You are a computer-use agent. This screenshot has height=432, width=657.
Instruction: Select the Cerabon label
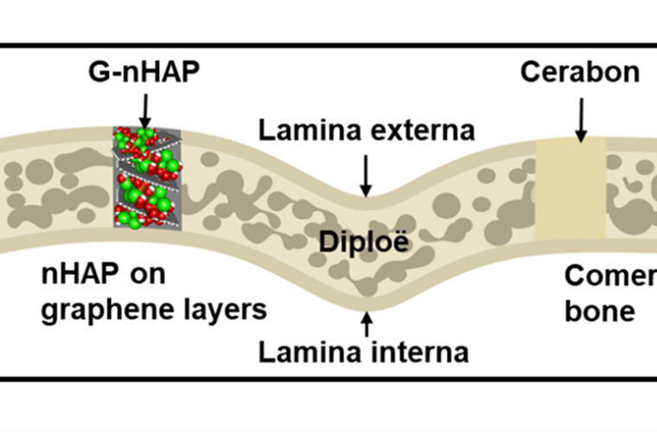coord(580,72)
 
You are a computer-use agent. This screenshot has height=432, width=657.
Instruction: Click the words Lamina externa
coord(367,130)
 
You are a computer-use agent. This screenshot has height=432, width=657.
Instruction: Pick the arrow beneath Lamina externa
coord(367,174)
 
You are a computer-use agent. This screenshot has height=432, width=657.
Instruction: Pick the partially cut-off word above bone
coord(609,276)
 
